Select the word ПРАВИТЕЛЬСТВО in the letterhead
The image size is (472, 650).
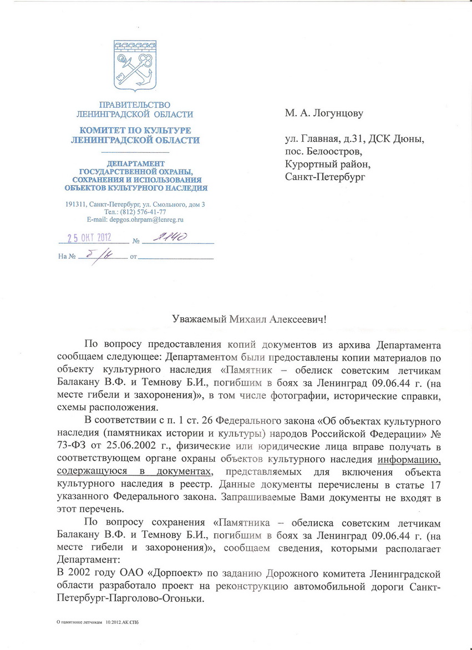point(135,104)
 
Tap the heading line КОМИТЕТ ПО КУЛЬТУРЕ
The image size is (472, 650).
point(135,131)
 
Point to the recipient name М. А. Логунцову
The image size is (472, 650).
point(324,113)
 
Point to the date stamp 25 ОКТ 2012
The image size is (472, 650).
point(90,238)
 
